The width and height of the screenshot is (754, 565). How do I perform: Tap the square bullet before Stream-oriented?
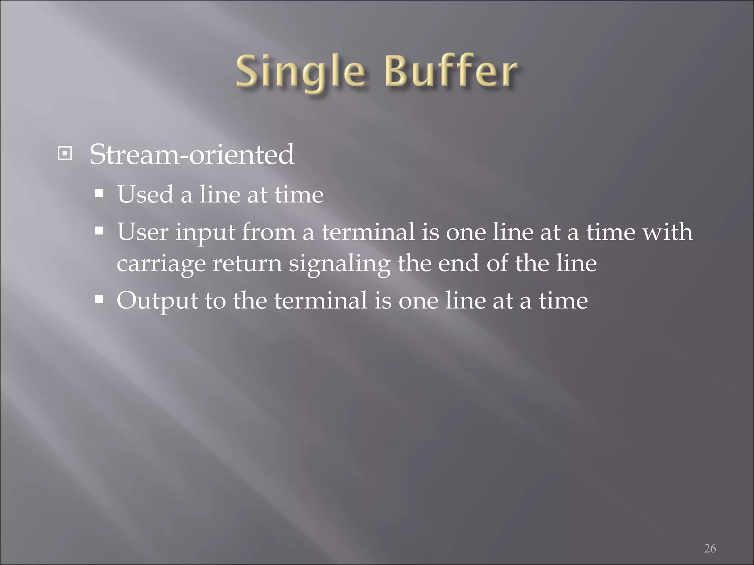[x=65, y=153]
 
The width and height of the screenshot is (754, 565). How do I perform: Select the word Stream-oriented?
[x=192, y=154]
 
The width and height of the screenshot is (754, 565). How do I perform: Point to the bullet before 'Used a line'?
[x=99, y=193]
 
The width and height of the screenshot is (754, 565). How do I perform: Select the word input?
[x=205, y=232]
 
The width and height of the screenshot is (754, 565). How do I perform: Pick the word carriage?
[x=161, y=264]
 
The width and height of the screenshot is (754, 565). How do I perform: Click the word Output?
[x=157, y=301]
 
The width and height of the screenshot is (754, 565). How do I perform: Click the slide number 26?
[x=710, y=548]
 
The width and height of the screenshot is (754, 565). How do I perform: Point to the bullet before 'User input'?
[x=99, y=231]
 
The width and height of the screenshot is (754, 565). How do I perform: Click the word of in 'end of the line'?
[x=497, y=263]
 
